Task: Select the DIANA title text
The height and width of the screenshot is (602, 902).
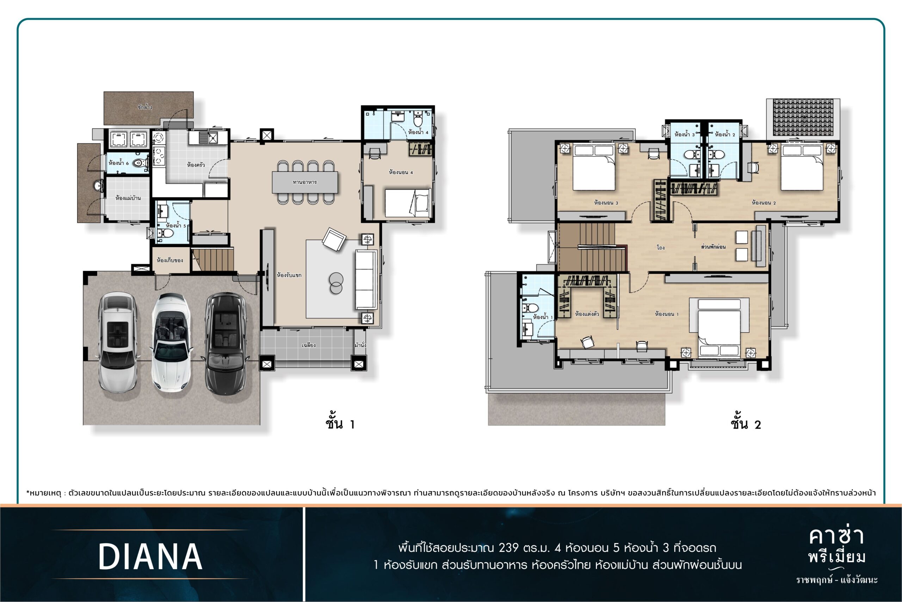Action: (x=150, y=557)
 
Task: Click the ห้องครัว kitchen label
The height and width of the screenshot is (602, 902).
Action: (x=196, y=165)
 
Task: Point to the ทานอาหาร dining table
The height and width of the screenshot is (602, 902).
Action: (x=305, y=182)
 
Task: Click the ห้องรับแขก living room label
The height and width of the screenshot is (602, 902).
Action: (x=289, y=275)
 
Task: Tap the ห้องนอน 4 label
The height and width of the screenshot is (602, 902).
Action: (x=401, y=172)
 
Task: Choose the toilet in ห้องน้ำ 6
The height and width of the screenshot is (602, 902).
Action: (x=141, y=163)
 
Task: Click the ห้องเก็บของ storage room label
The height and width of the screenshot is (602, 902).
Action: (x=169, y=260)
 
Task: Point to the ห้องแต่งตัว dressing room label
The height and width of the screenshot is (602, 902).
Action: (x=587, y=314)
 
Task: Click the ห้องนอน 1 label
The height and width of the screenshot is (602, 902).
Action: (x=667, y=314)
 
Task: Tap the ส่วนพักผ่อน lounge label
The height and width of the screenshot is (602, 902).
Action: (x=713, y=247)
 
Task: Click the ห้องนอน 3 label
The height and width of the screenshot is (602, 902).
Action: (x=606, y=203)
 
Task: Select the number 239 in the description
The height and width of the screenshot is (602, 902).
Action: (x=508, y=547)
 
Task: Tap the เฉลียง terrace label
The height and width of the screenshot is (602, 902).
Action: (x=309, y=345)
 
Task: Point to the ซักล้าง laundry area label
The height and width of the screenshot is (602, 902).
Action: (x=145, y=107)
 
